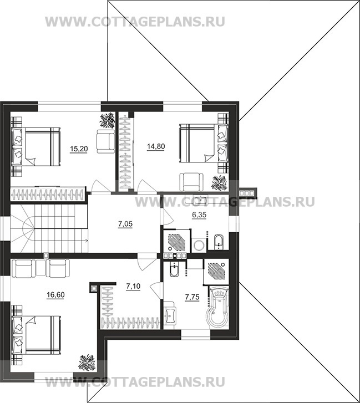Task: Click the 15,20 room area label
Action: click(x=79, y=149)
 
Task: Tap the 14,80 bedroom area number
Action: click(x=156, y=146)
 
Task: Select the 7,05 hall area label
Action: click(x=125, y=224)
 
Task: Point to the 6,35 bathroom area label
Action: click(x=199, y=215)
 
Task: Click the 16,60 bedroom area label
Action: click(x=55, y=295)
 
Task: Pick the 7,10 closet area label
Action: click(x=133, y=286)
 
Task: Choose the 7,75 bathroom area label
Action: click(x=192, y=297)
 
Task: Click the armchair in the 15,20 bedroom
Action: click(x=106, y=141)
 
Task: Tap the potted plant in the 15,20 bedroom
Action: click(x=107, y=120)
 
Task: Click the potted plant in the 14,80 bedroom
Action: click(x=219, y=183)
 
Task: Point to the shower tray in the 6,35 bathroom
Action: click(x=176, y=241)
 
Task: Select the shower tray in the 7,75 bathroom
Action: click(x=216, y=272)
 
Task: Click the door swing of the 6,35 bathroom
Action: click(x=169, y=217)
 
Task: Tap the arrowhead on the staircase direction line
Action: click(x=87, y=241)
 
